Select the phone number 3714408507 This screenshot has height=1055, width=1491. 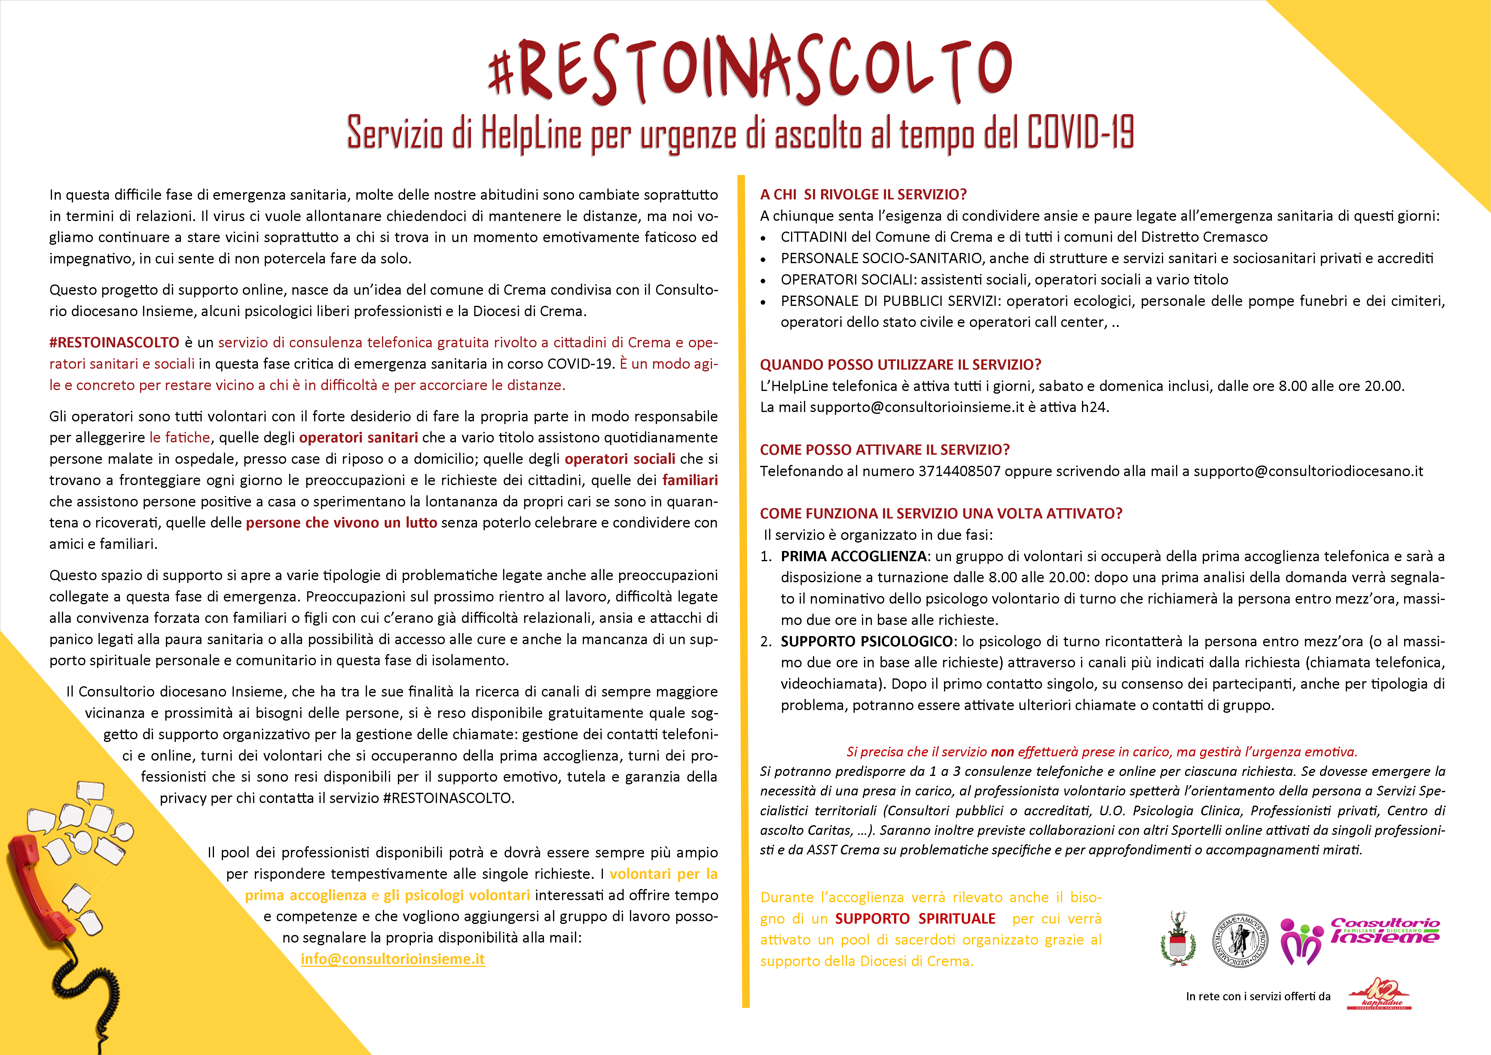(959, 471)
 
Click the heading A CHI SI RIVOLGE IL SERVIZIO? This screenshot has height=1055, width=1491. (863, 194)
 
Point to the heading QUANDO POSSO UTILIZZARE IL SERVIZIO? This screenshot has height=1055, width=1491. (900, 364)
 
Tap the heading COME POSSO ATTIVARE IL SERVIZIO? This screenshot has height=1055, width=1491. (885, 450)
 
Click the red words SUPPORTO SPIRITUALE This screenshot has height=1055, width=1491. (915, 918)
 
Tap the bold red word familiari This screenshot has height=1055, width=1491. (690, 480)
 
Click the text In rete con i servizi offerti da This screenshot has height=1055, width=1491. (1258, 997)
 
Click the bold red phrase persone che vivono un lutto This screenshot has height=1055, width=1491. (341, 523)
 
